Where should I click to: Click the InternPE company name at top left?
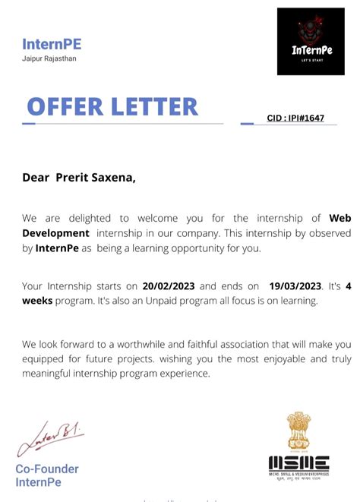click(x=52, y=44)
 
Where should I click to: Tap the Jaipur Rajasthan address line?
click(x=49, y=58)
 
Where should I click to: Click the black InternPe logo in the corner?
click(x=311, y=42)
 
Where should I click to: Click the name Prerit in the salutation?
click(x=74, y=178)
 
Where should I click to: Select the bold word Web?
click(x=339, y=219)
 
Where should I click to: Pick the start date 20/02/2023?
click(x=169, y=286)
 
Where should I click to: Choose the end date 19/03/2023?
click(x=295, y=286)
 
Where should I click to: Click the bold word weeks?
click(x=37, y=301)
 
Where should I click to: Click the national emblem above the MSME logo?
click(x=298, y=431)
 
